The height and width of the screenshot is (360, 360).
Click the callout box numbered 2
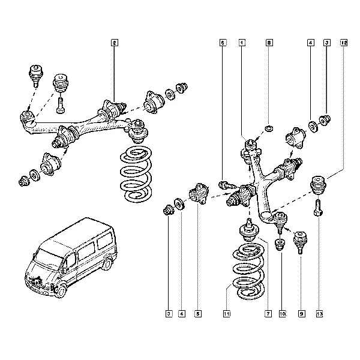coord(114,43)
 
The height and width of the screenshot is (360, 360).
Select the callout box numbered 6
coord(223,43)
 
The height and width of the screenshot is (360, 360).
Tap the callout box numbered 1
coord(241,43)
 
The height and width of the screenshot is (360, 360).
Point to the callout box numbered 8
coord(269,43)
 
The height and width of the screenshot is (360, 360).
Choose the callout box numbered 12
coord(343,43)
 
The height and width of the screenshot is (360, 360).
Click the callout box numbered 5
coord(197,313)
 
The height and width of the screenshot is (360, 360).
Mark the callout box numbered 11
coord(226,313)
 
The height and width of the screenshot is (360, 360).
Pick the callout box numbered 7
coord(268,313)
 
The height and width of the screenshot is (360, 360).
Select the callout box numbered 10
coord(282,313)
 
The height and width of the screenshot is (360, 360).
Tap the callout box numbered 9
coord(301,313)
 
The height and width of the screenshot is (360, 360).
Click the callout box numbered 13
coord(319,313)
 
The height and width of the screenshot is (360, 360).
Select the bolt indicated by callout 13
coord(318,208)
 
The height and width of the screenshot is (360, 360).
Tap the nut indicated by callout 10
coord(279,244)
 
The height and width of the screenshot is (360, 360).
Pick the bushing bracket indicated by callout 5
coord(198,195)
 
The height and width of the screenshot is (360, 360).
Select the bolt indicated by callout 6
coord(224,185)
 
